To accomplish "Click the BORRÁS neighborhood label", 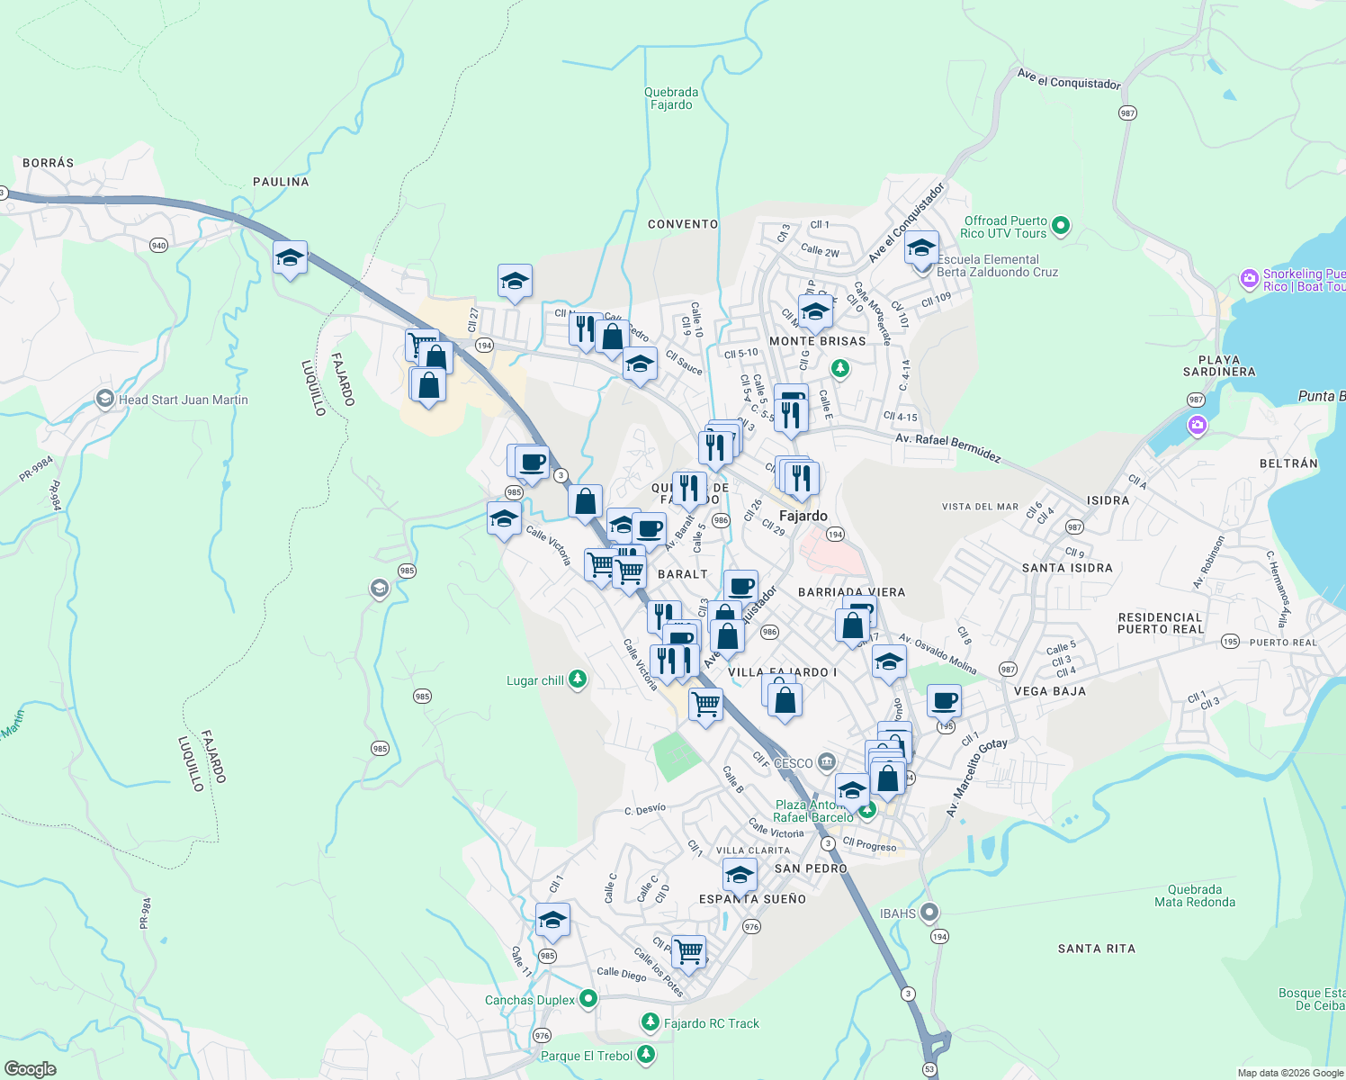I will click(x=49, y=163).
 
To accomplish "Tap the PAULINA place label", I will click(x=281, y=182).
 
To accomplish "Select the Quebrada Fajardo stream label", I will click(x=671, y=98).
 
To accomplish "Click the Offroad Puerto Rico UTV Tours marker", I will click(x=1061, y=226).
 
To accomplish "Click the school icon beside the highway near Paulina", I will click(x=291, y=258).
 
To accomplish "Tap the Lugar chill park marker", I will click(x=578, y=679).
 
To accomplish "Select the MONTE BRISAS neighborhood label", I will click(x=818, y=341).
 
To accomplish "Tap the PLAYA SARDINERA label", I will click(x=1219, y=365).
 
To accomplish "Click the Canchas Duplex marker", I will click(x=588, y=998).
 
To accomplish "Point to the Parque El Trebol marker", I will click(x=645, y=1055).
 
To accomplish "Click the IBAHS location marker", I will click(x=930, y=913).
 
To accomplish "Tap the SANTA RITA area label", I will click(x=1096, y=949).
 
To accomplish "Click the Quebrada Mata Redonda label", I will click(x=1195, y=895).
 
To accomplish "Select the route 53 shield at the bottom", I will click(x=929, y=1070).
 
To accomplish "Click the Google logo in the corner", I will click(x=31, y=1069).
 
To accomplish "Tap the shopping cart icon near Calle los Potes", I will click(x=689, y=950).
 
